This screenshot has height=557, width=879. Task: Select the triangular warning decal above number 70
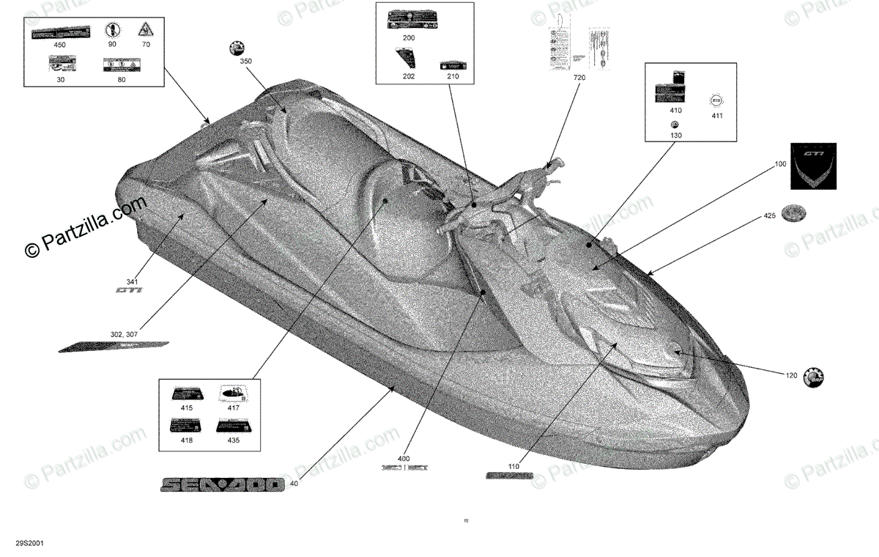tap(145, 30)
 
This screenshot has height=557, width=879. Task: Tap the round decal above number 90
tap(112, 30)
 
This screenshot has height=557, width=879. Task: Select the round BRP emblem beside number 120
tap(814, 377)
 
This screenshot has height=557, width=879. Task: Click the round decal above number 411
tap(716, 100)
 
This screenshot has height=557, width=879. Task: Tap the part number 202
tap(408, 75)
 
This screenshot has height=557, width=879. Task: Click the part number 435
tap(233, 442)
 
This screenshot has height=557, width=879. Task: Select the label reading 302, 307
tap(122, 333)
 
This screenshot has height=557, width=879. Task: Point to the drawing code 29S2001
tap(29, 545)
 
